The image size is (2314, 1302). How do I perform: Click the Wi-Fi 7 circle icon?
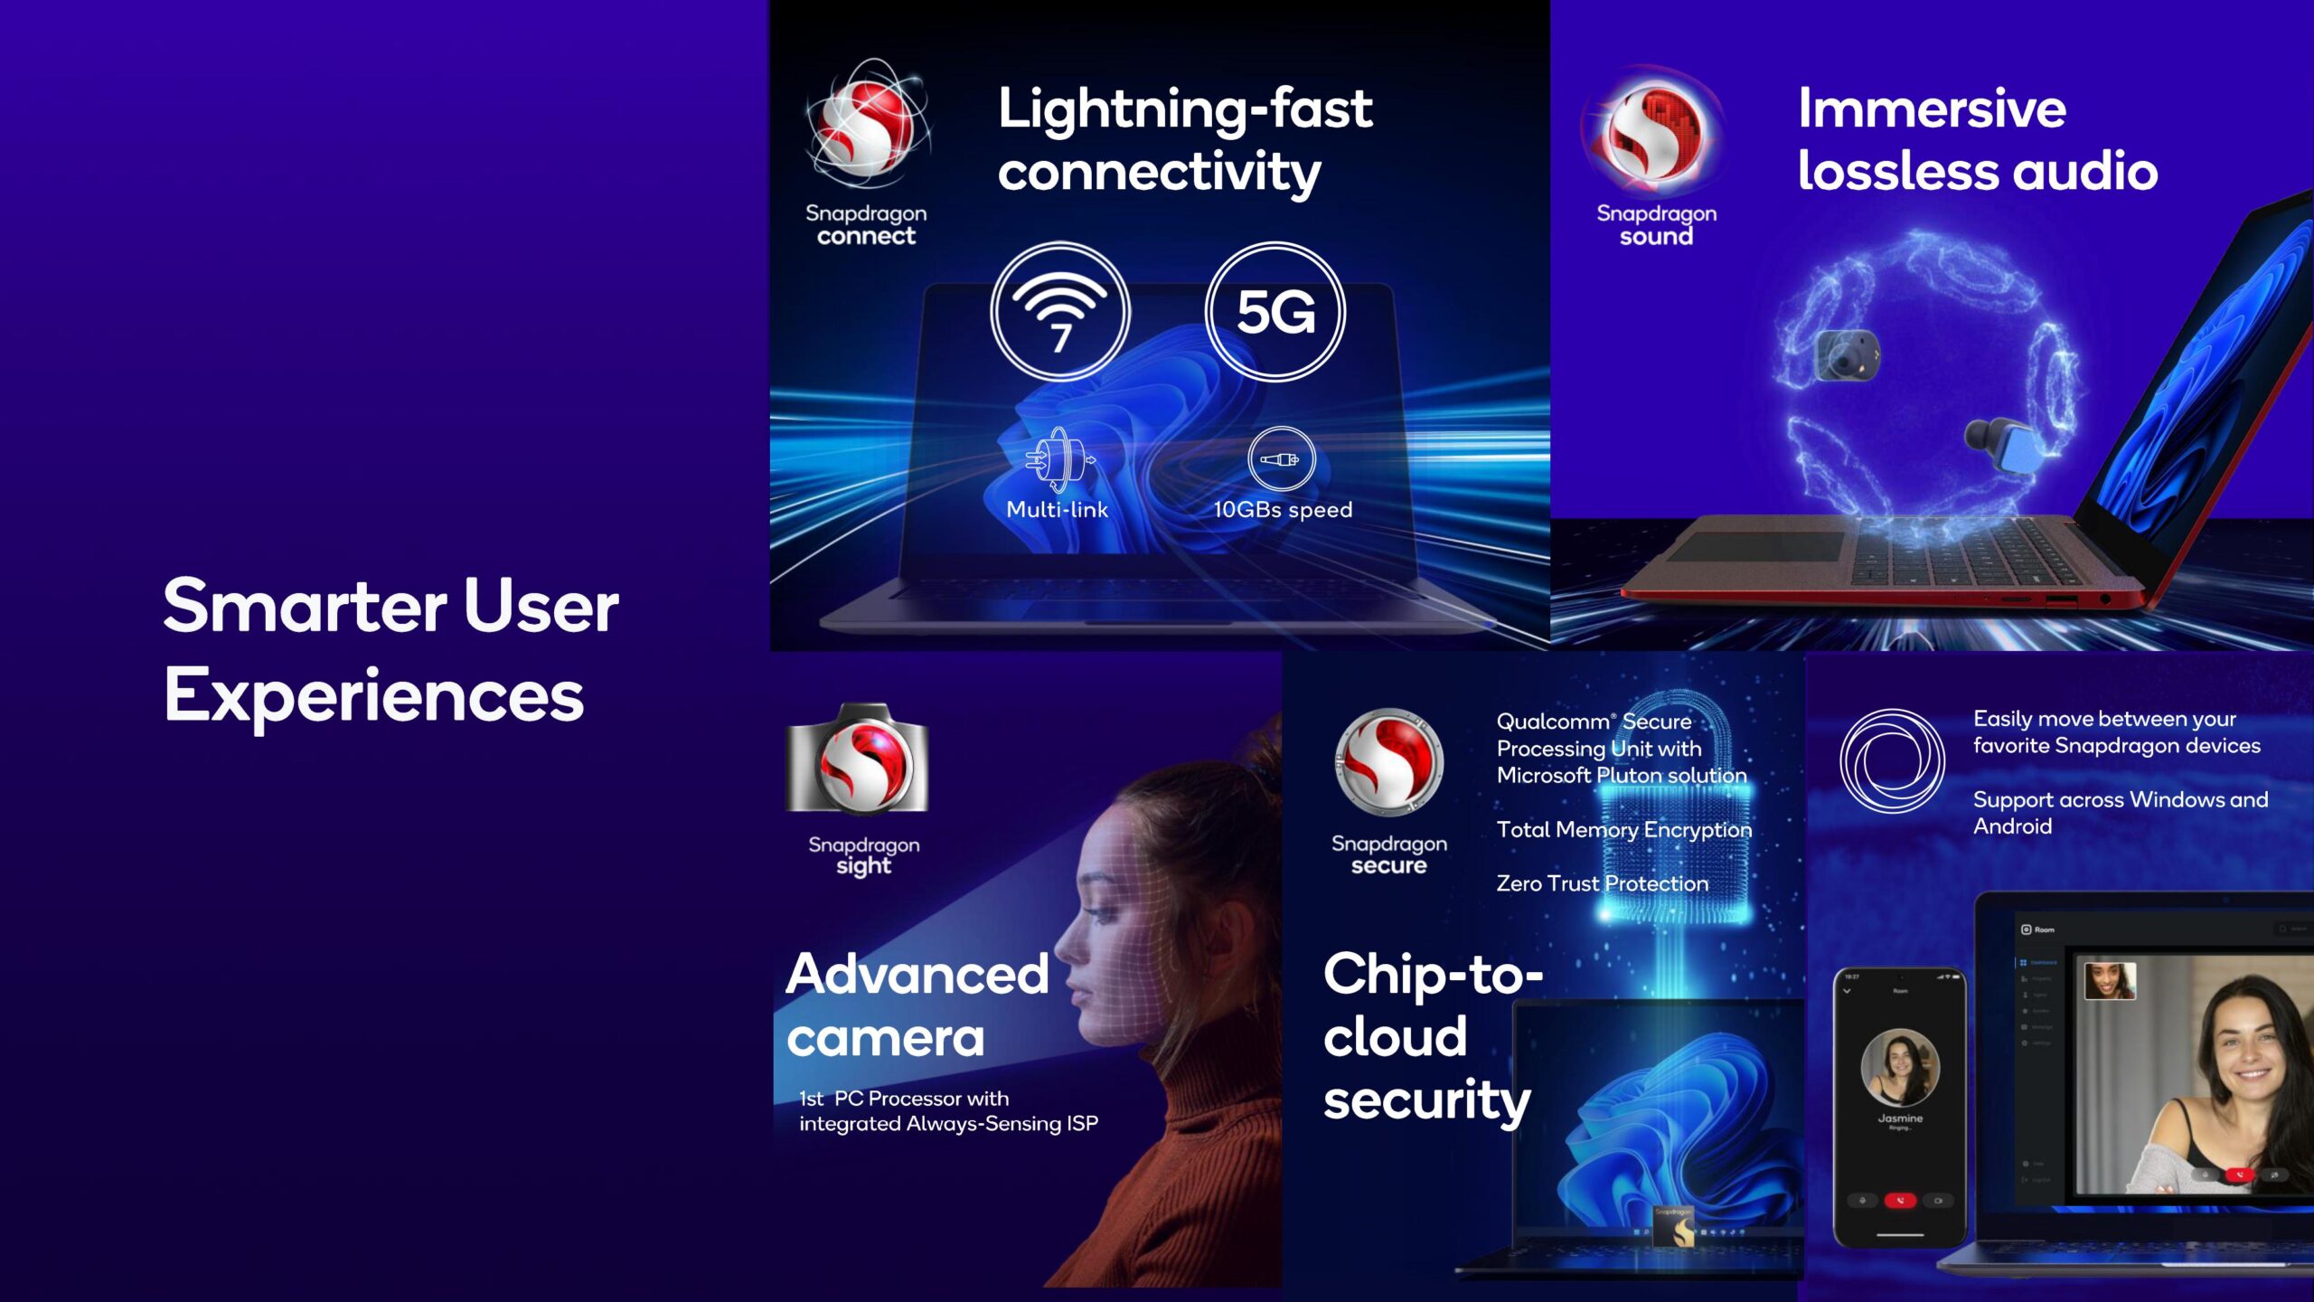pos(1059,312)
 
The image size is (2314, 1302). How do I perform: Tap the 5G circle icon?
pos(1275,312)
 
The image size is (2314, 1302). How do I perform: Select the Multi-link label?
pos(1057,510)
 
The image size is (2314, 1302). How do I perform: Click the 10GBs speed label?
pos(1282,510)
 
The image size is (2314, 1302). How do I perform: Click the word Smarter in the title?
pos(305,606)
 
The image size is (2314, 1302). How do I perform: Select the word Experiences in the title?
pos(374,696)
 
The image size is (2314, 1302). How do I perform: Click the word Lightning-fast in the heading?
pos(1184,109)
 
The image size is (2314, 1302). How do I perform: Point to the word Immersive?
pos(1932,109)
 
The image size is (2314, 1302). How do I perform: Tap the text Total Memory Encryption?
pos(1623,830)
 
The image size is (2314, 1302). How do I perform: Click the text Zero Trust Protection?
pos(1602,883)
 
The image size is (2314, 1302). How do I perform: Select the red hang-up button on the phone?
pos(1900,1201)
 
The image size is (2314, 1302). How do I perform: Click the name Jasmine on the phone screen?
pos(1900,1118)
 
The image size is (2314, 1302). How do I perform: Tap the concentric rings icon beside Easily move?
pos(1891,761)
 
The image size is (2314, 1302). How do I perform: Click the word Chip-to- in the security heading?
pos(1432,975)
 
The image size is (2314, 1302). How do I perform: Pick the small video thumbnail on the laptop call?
pos(2110,981)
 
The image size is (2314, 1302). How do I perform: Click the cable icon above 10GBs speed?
pos(1281,459)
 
